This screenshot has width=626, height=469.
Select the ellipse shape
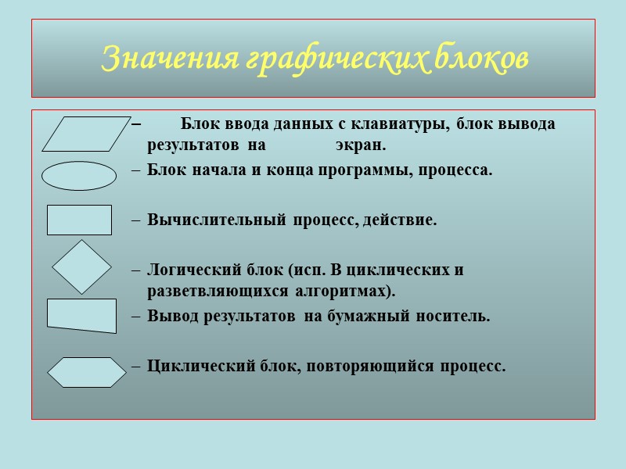[78, 176]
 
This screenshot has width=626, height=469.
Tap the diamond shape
[82, 267]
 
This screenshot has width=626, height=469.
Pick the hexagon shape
[87, 372]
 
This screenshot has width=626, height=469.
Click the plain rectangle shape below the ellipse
[79, 220]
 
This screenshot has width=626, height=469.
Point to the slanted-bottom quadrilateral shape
[81, 315]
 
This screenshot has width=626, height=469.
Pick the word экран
[361, 145]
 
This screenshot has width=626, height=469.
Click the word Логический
[192, 270]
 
